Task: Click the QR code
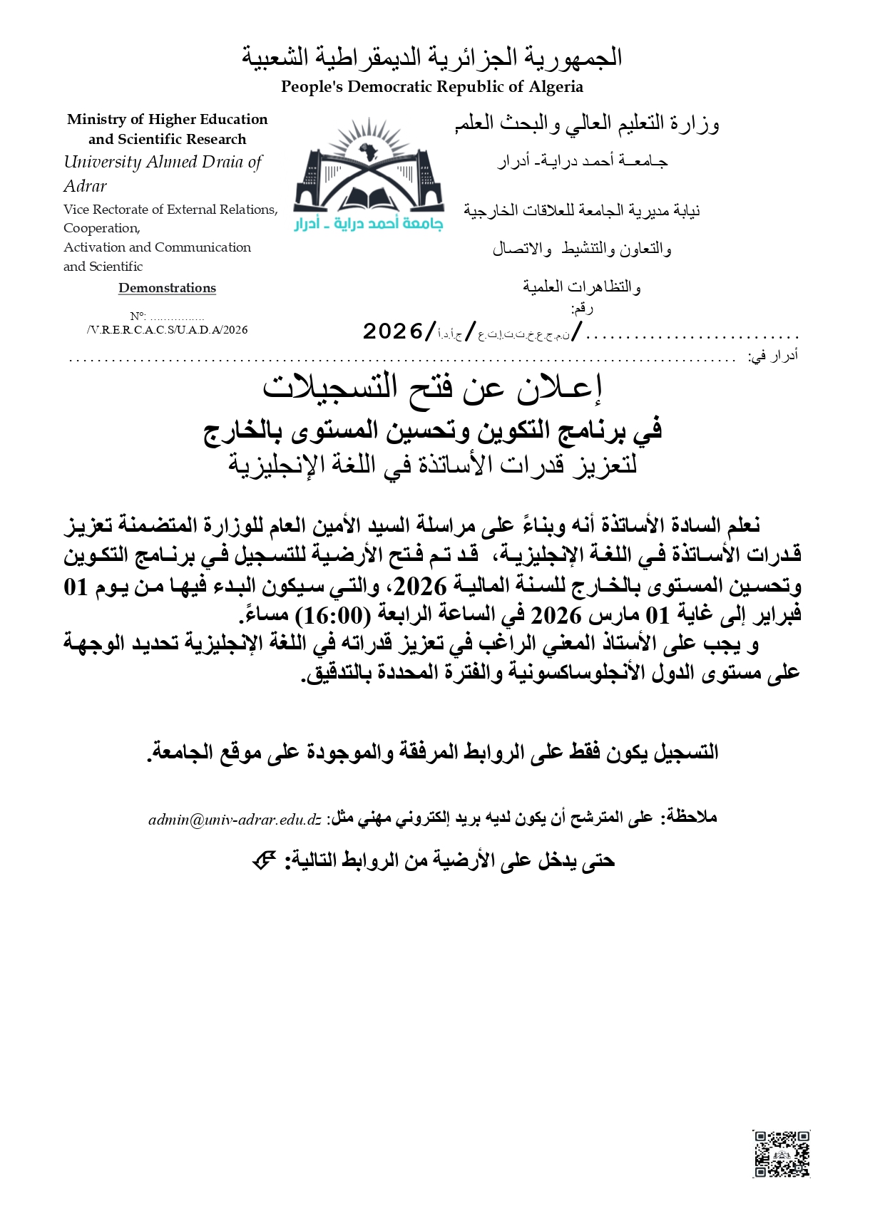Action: coord(782,1153)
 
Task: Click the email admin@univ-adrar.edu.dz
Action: coord(235,820)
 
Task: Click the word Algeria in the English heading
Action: coord(556,87)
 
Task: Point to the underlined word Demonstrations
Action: coord(167,288)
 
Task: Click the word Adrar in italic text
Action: coord(85,186)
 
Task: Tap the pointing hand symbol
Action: coord(264,861)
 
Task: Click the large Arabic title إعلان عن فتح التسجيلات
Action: coord(432,387)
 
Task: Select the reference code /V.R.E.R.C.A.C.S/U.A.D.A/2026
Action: coord(167,330)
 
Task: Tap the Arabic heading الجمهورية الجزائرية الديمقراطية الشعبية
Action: coord(431,57)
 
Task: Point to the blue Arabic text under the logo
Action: coord(369,224)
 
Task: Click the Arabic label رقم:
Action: coord(582,308)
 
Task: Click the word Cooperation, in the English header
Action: coord(102,228)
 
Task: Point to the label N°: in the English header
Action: coord(138,316)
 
